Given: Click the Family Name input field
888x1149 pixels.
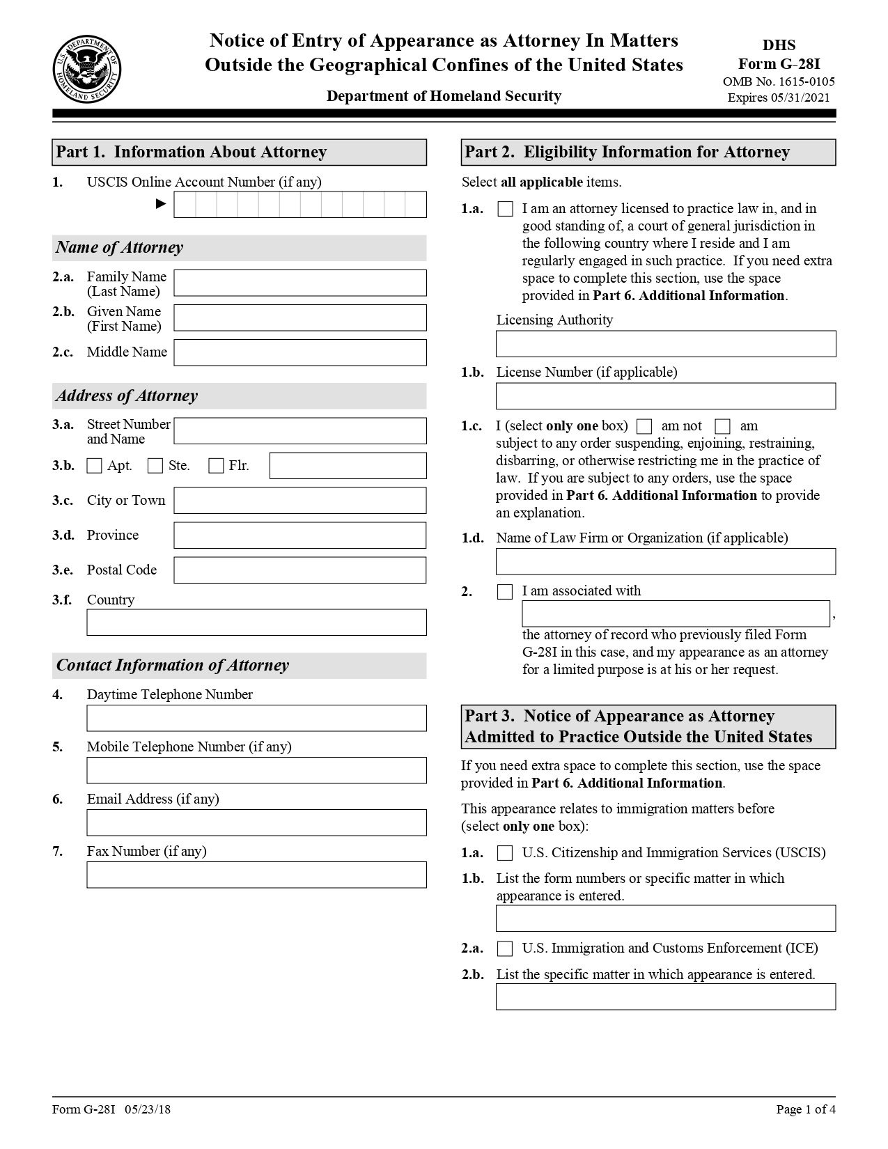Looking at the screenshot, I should (x=299, y=283).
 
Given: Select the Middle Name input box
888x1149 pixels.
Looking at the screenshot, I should (x=299, y=352).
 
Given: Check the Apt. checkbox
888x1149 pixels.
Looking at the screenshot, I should (x=94, y=466).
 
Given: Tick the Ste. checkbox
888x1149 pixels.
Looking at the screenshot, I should (x=155, y=466).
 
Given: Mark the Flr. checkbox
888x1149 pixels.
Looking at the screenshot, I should (x=216, y=466).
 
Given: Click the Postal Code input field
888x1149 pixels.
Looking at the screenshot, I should (x=299, y=570).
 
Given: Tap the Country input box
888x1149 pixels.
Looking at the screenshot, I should (x=256, y=622).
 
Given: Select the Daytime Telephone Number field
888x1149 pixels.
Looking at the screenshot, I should (x=256, y=718).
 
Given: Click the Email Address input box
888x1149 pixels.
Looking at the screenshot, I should (x=256, y=822).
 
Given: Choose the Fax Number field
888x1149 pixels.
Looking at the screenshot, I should (x=256, y=875).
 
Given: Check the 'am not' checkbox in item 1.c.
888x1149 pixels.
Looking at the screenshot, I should (x=645, y=426).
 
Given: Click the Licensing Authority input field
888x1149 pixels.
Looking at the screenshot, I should (x=665, y=344).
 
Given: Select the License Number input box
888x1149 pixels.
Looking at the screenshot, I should (x=665, y=396).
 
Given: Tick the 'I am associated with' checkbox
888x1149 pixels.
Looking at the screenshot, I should (x=505, y=592).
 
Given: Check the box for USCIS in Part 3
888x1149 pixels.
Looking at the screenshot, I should (x=505, y=853).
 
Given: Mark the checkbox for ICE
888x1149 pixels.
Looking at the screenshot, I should (x=505, y=948).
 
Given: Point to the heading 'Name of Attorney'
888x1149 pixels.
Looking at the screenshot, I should (x=119, y=248).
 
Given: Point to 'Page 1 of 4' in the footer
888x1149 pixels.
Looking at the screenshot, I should (x=805, y=1109).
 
